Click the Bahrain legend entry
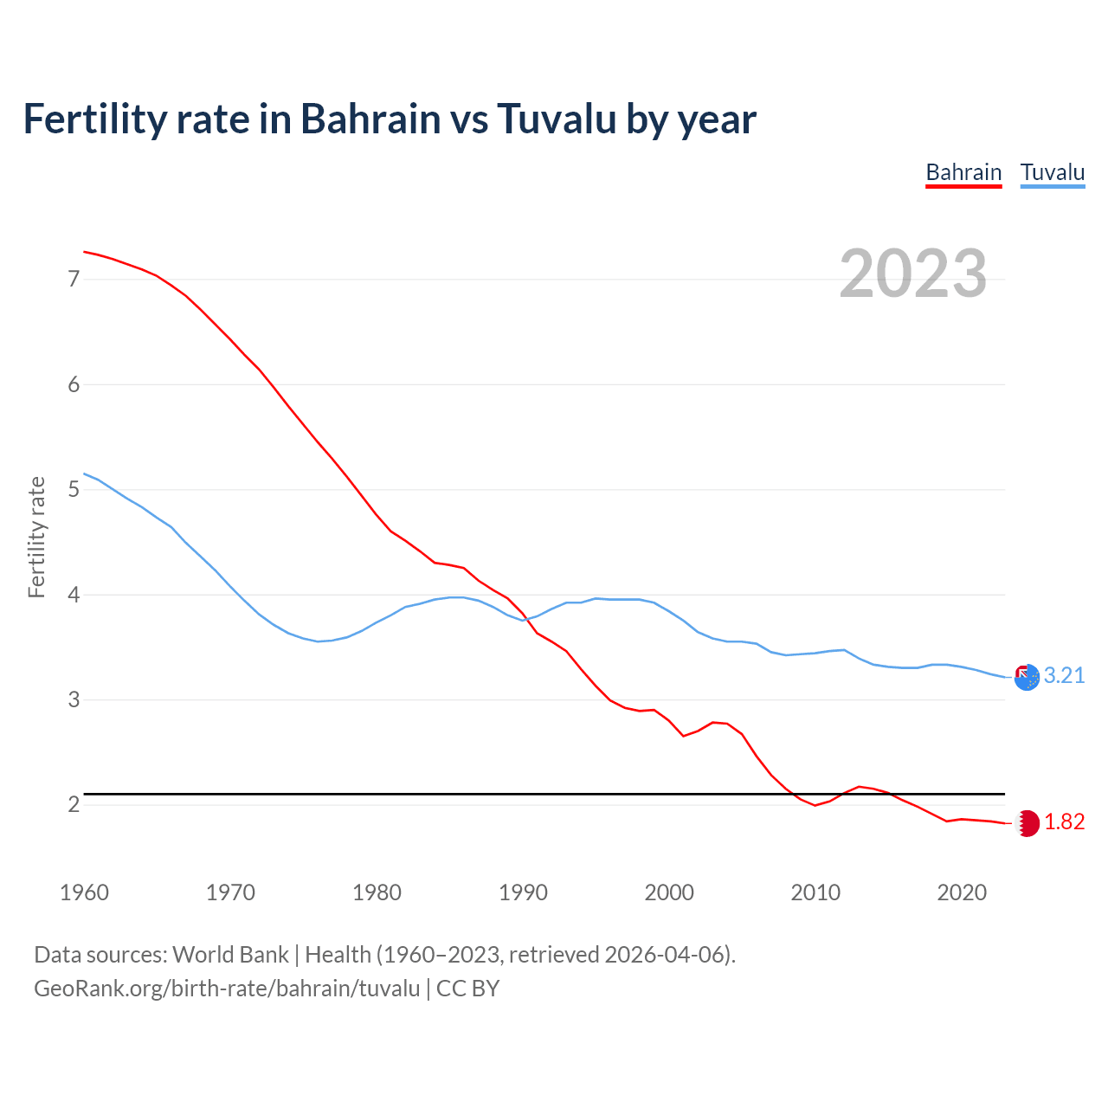pyautogui.click(x=963, y=172)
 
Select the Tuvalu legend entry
pyautogui.click(x=1052, y=172)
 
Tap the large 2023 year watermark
pyautogui.click(x=913, y=274)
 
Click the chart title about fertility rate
pyautogui.click(x=390, y=119)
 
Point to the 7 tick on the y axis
pyautogui.click(x=74, y=279)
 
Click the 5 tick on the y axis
pyautogui.click(x=74, y=490)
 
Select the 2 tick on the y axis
pyautogui.click(x=74, y=805)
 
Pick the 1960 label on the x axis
pyautogui.click(x=84, y=892)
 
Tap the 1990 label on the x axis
pyautogui.click(x=523, y=892)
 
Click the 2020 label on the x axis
pyautogui.click(x=962, y=892)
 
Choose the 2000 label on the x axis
pyautogui.click(x=669, y=892)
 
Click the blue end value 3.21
pyautogui.click(x=1064, y=676)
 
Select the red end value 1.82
pyautogui.click(x=1064, y=822)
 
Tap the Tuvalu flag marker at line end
pyautogui.click(x=1027, y=678)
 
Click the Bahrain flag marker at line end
pyautogui.click(x=1027, y=823)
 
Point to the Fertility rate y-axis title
pyautogui.click(x=36, y=537)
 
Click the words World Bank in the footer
pyautogui.click(x=230, y=955)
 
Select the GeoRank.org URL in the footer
pyautogui.click(x=227, y=989)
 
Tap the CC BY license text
pyautogui.click(x=467, y=989)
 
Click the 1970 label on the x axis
pyautogui.click(x=230, y=892)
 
